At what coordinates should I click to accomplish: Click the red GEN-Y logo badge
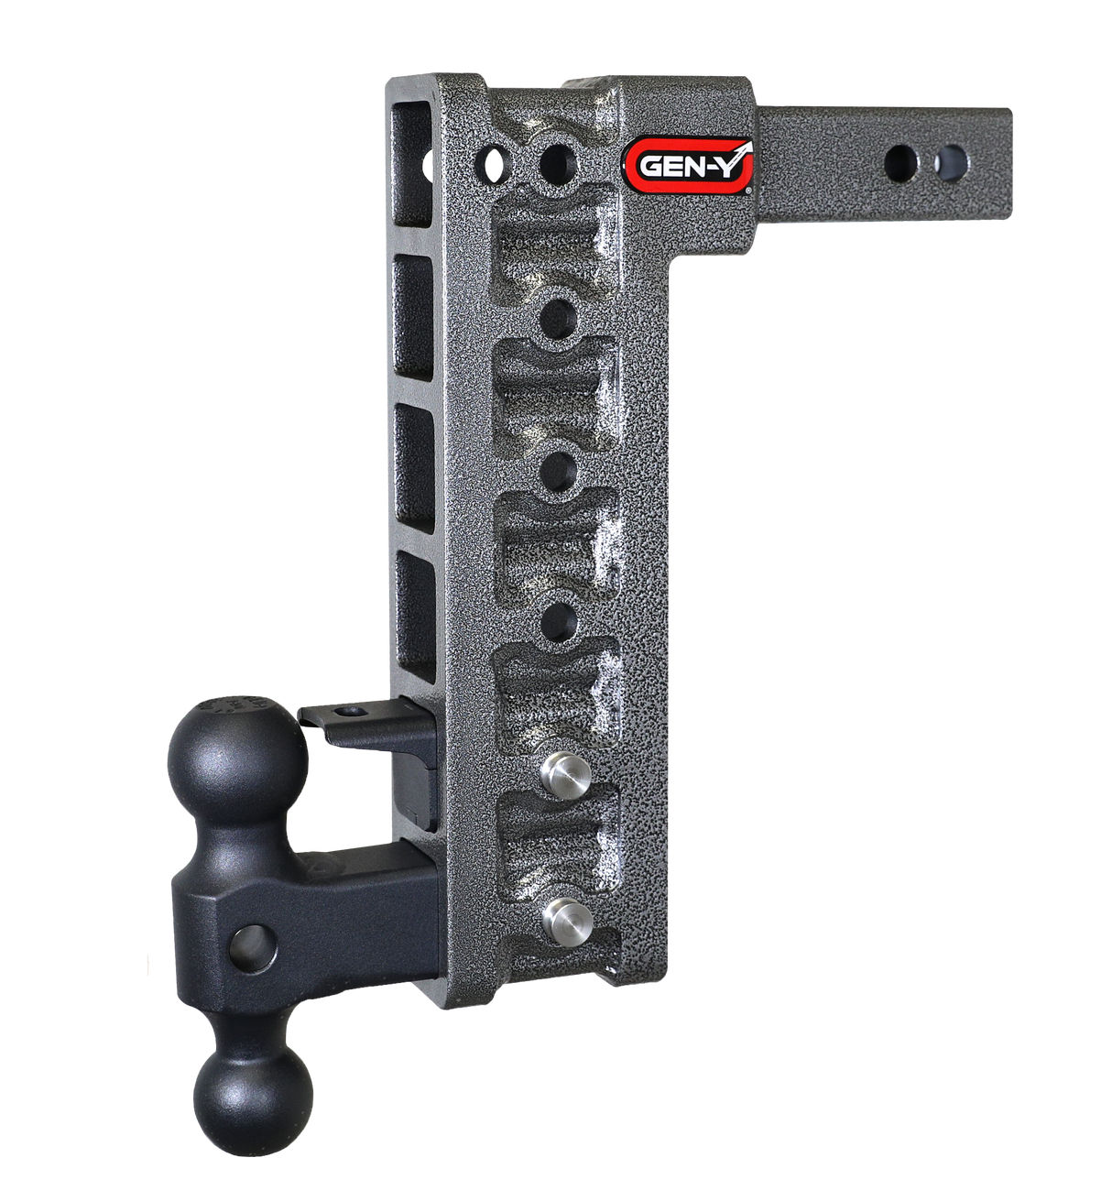[689, 164]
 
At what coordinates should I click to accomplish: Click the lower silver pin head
[561, 915]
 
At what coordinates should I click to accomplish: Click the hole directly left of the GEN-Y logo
[558, 166]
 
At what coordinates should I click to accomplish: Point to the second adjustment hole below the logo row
[559, 473]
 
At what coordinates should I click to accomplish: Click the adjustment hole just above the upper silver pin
[559, 622]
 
